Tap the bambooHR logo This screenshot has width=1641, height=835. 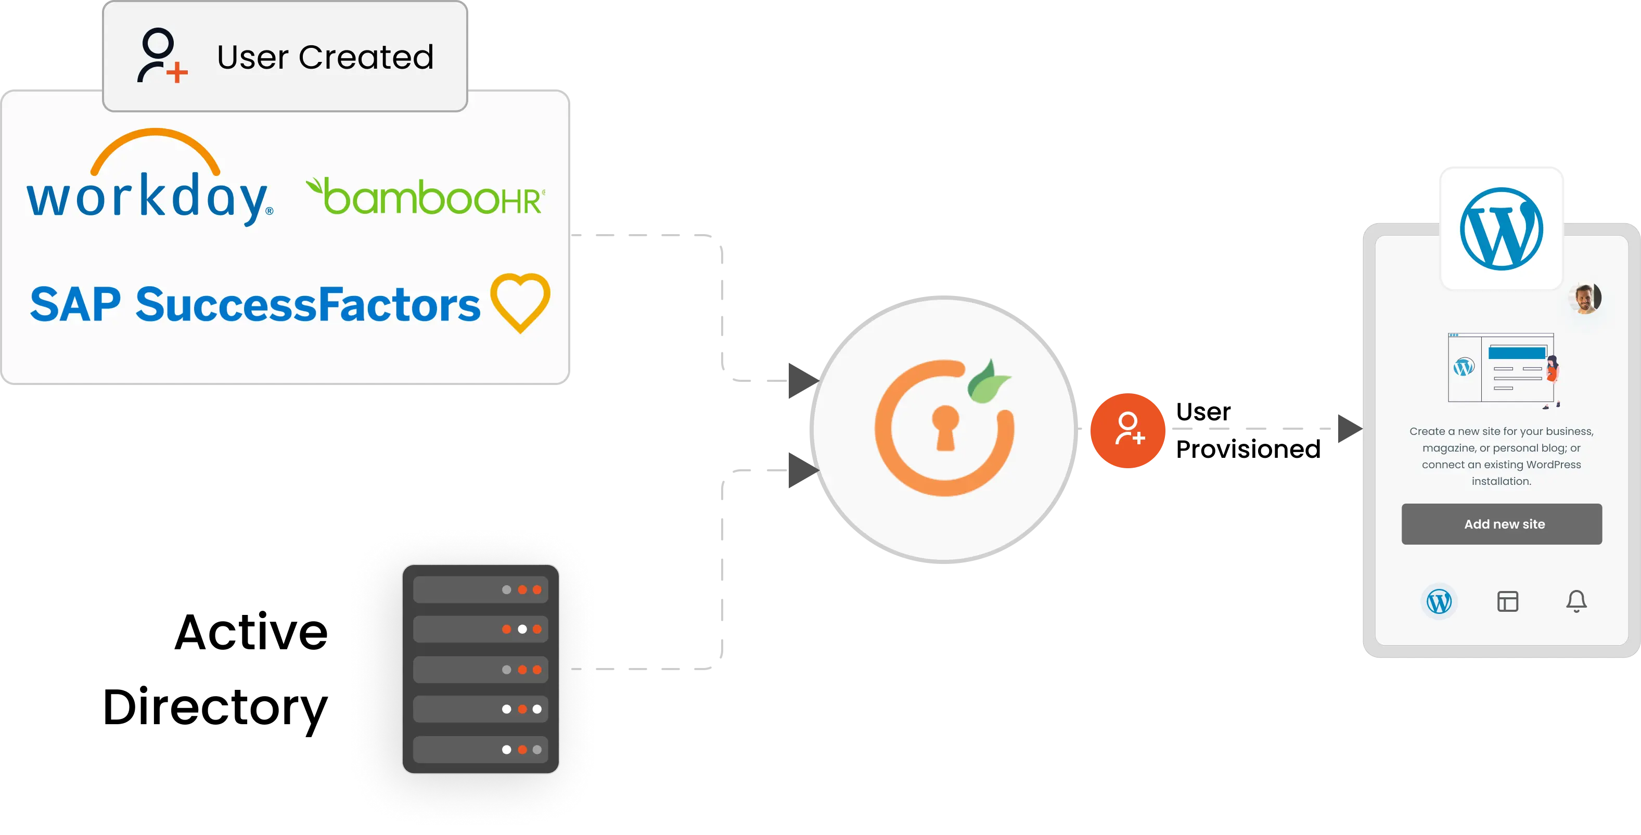pos(426,198)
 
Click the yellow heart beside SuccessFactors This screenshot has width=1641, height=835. pos(520,301)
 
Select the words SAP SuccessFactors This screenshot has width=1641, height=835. pos(255,304)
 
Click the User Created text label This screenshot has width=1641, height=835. pos(325,57)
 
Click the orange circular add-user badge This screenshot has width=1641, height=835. pos(1128,430)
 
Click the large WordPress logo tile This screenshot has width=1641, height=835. pos(1502,228)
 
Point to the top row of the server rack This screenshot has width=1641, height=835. pos(480,590)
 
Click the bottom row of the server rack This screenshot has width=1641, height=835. pos(480,750)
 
